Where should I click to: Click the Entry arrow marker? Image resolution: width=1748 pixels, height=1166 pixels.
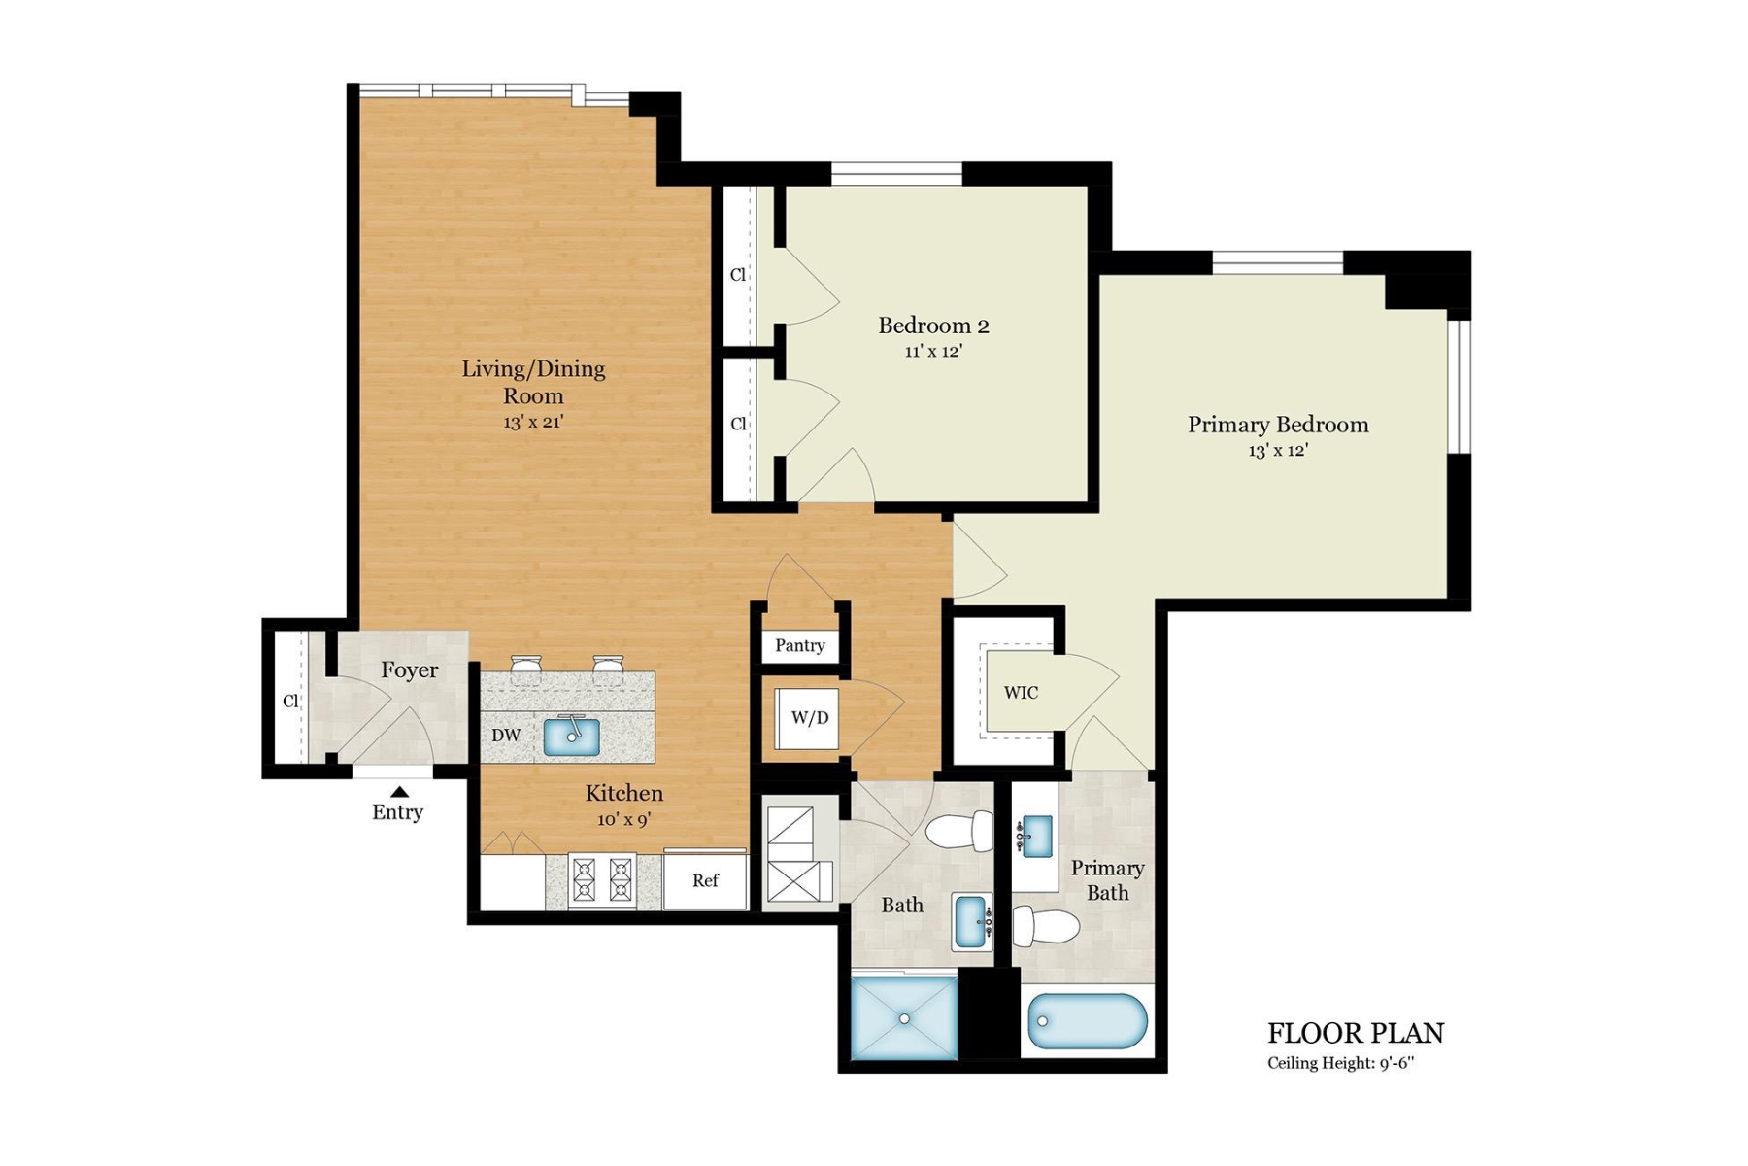point(399,792)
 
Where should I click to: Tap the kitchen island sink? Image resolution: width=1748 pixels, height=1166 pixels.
point(571,737)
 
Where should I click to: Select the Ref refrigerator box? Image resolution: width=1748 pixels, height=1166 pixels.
point(706,880)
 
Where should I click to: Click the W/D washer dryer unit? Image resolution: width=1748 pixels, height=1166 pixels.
point(807,718)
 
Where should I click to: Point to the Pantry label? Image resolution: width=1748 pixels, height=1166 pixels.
point(800,645)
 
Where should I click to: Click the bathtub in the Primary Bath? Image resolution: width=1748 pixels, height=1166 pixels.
point(1087,1021)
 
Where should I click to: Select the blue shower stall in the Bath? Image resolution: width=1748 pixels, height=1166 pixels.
point(904,1018)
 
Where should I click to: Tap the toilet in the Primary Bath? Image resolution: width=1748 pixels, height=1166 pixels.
point(1045,927)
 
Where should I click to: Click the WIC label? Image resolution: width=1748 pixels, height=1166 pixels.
point(1021,693)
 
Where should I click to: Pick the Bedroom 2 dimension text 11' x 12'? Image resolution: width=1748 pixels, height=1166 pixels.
point(933,352)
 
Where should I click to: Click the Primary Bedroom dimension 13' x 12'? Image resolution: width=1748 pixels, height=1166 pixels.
point(1278,451)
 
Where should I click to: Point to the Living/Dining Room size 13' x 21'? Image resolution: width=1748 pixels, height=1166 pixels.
point(533,423)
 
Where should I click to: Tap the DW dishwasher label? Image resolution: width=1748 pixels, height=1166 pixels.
point(506,736)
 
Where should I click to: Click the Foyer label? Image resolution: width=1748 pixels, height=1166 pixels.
point(409,670)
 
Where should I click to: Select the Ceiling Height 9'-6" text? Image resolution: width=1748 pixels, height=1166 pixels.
point(1340,1063)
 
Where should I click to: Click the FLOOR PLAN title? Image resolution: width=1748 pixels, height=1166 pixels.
point(1356,1033)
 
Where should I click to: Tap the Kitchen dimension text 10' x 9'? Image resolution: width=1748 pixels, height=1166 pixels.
point(623,820)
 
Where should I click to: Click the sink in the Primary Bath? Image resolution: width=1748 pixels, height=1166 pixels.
point(1035,836)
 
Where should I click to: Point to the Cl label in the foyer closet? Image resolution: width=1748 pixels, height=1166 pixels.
point(290,701)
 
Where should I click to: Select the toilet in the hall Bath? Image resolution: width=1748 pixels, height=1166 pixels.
point(959,832)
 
